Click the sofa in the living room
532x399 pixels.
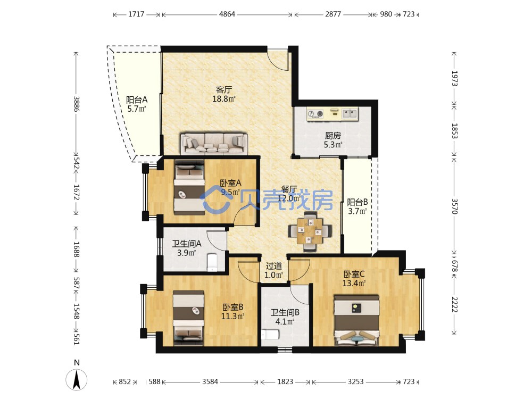[214, 144]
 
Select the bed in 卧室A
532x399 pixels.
[189, 188]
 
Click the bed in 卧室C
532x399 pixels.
[356, 320]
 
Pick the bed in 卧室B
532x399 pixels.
[188, 318]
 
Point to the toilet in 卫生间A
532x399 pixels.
[212, 262]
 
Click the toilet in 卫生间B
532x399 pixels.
[270, 334]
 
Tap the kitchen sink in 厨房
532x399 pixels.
[350, 113]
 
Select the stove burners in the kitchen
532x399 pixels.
[315, 114]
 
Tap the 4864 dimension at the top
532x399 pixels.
[227, 14]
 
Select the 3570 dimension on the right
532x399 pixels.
[454, 206]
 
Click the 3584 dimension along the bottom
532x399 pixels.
[210, 381]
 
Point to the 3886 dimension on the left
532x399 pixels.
[77, 104]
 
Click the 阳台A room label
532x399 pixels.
[137, 100]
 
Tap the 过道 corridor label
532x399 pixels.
[273, 266]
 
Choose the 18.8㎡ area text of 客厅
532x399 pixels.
[223, 99]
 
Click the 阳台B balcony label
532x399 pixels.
[358, 202]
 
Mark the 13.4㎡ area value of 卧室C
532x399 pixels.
[354, 283]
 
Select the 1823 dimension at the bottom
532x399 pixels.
[285, 381]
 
